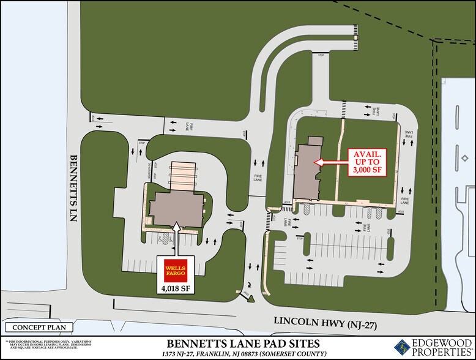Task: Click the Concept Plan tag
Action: coord(39,327)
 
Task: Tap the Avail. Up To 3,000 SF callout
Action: coord(367,162)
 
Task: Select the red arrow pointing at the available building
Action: coord(330,162)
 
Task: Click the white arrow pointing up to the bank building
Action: coord(177,235)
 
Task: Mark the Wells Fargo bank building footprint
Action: coord(176,206)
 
